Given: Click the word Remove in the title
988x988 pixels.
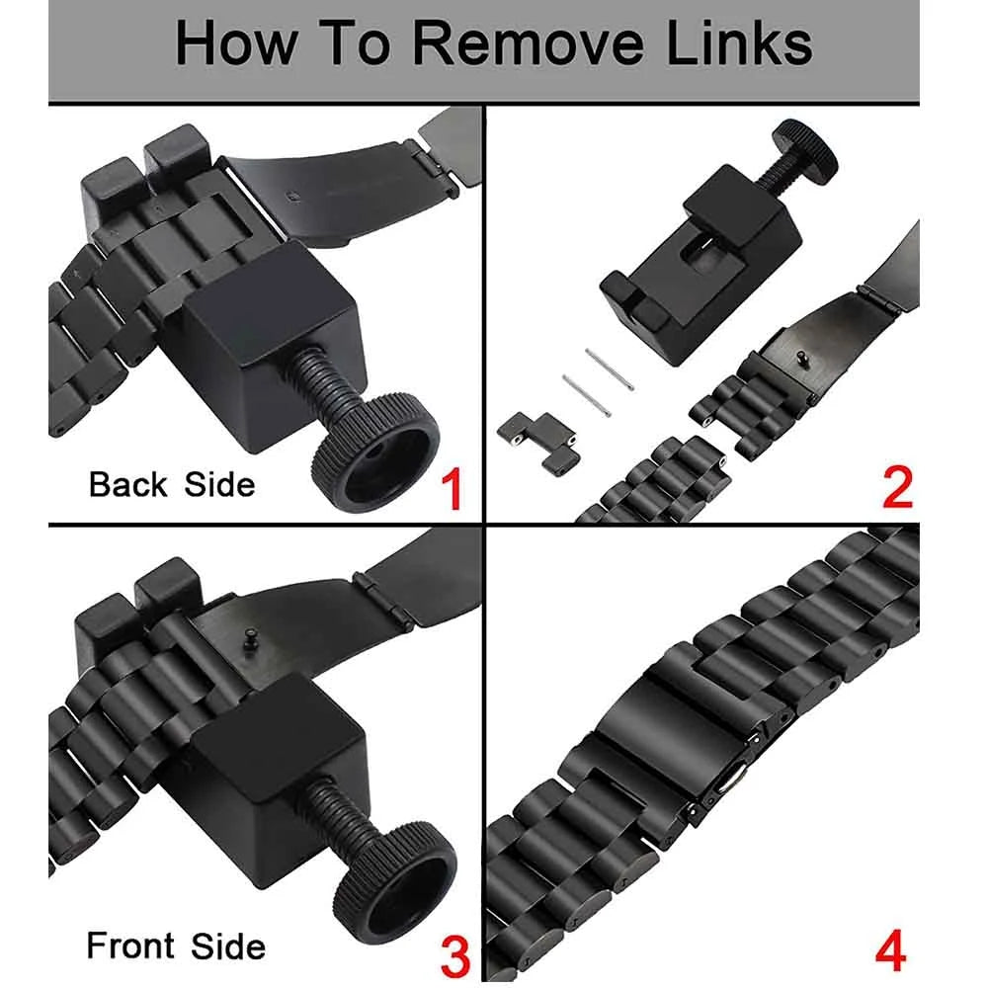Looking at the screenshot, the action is pyautogui.click(x=527, y=43).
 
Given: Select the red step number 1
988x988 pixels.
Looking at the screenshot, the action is pyautogui.click(x=453, y=489).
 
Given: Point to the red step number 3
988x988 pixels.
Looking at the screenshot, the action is pyautogui.click(x=455, y=955).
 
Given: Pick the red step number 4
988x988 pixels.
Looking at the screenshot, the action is pyautogui.click(x=891, y=950).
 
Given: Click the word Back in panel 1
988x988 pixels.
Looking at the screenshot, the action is pyautogui.click(x=127, y=484).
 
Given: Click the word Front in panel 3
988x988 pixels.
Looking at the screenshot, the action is pyautogui.click(x=130, y=946).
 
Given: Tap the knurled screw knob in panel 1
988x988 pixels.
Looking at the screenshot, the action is pyautogui.click(x=376, y=452).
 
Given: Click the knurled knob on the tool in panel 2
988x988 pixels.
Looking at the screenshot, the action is pyautogui.click(x=806, y=152).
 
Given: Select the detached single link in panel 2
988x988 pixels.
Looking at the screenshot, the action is pyautogui.click(x=538, y=443).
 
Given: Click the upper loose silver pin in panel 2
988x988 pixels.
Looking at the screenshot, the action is pyautogui.click(x=609, y=370).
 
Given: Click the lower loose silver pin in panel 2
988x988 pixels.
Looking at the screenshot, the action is pyautogui.click(x=587, y=396).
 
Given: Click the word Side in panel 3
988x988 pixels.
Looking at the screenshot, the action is pyautogui.click(x=228, y=947).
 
